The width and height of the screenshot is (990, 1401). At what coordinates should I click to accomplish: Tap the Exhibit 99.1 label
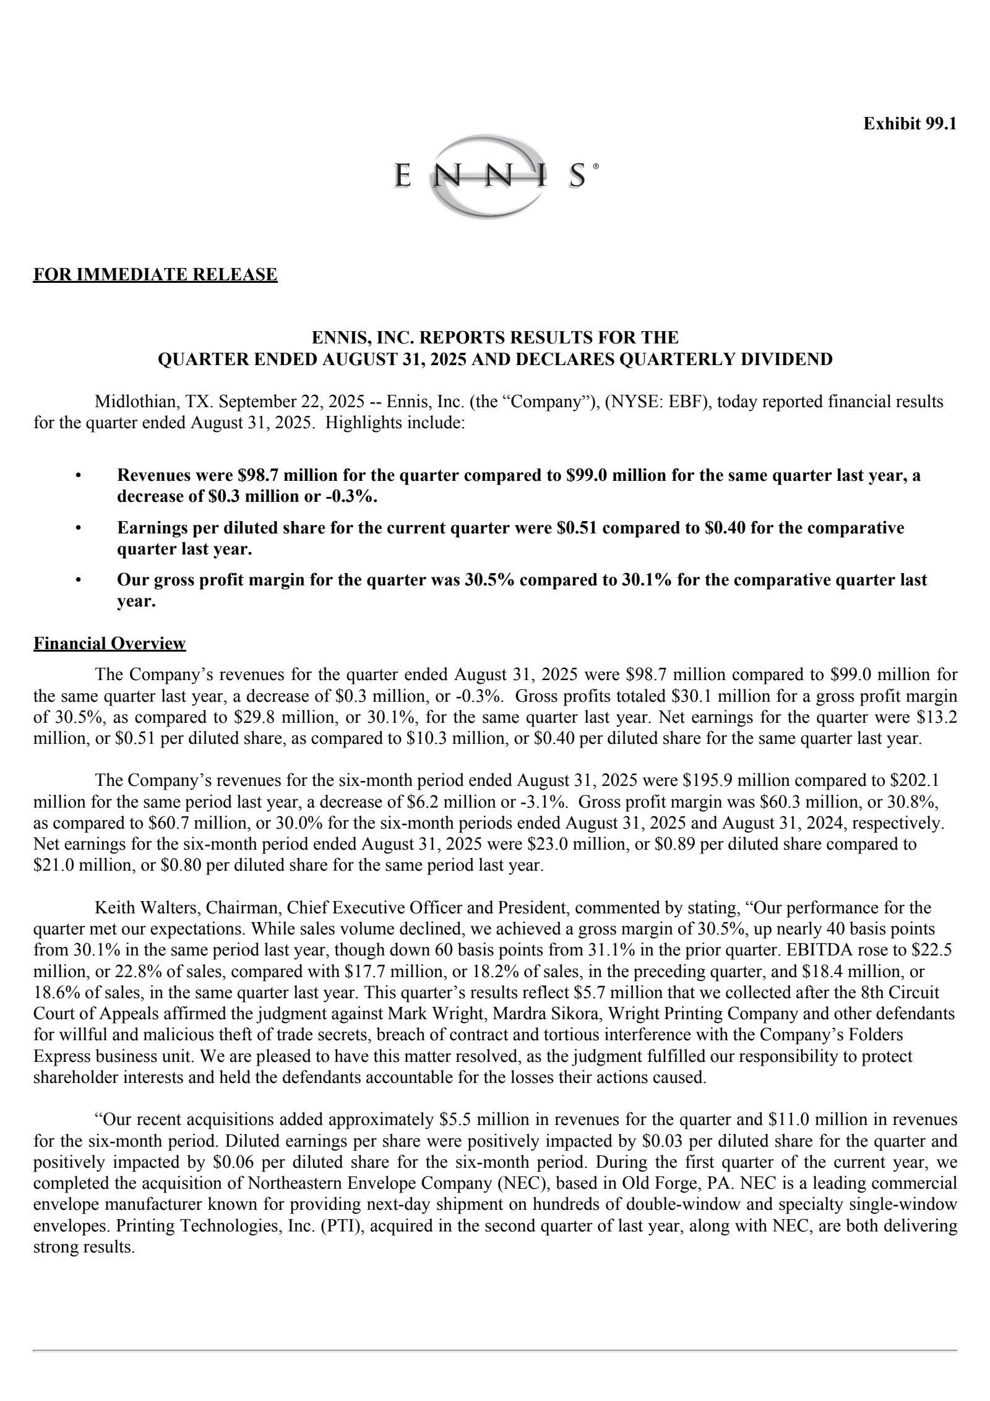coord(910,124)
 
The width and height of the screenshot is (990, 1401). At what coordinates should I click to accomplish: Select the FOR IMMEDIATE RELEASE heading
coord(155,274)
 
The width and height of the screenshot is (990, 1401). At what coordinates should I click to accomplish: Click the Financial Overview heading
coord(110,644)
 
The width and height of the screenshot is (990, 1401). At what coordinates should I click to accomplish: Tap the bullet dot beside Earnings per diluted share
coord(78,528)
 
